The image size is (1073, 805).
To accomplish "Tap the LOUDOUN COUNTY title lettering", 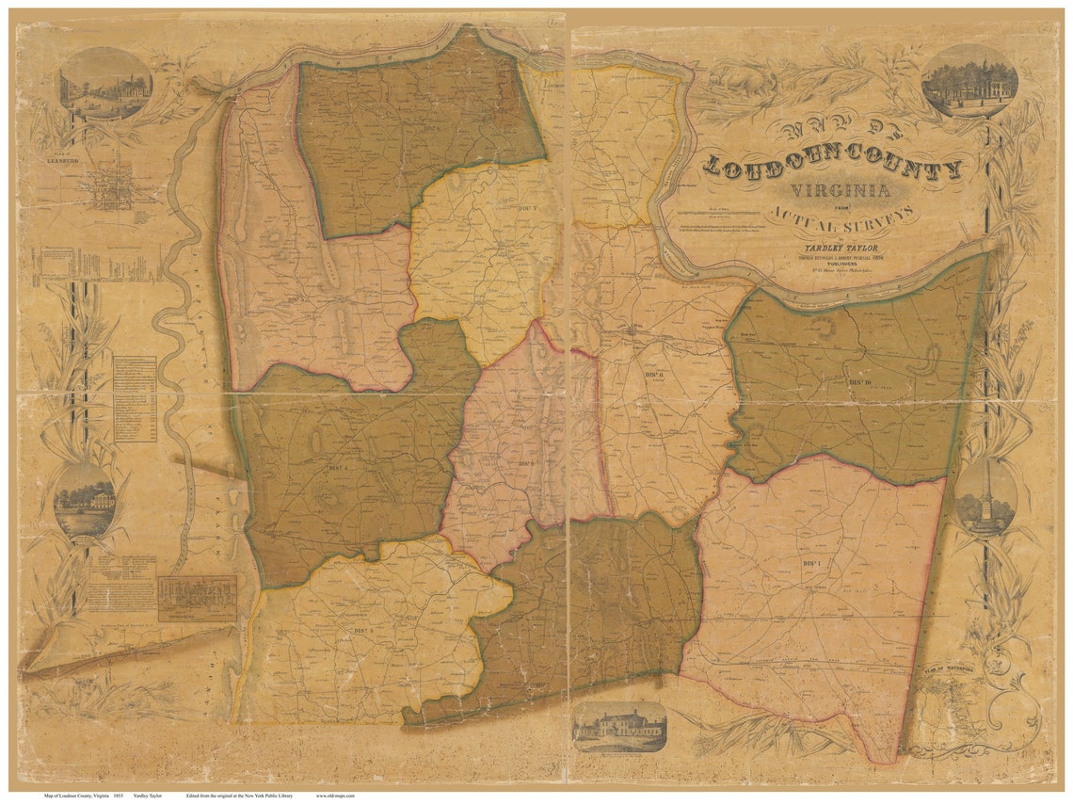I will point(833,169).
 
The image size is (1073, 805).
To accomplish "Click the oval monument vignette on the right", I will point(985,497).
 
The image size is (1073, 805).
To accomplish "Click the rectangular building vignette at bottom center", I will point(619,726).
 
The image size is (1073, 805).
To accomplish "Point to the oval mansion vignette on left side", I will point(85,500).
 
